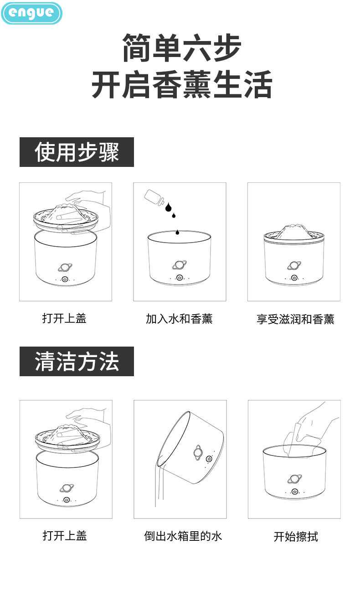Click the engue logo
[x=31, y=13]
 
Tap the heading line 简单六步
[x=181, y=48]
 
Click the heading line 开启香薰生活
[x=181, y=85]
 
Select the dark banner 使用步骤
[x=77, y=152]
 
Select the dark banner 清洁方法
[x=77, y=361]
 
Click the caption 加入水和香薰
[x=179, y=319]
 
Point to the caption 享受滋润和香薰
[x=295, y=319]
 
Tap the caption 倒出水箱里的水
[x=183, y=536]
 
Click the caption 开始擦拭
[x=295, y=537]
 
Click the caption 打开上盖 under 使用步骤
[x=64, y=318]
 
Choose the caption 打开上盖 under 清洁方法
[x=64, y=536]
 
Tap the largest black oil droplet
[x=169, y=207]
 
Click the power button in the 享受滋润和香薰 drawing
[x=294, y=278]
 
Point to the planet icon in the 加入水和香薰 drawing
[x=179, y=265]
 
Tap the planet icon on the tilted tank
[x=198, y=452]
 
